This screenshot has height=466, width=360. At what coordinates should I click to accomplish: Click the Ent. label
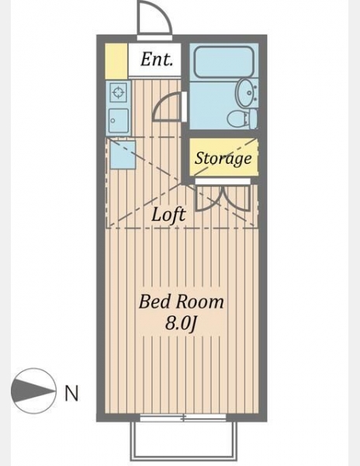point(157,60)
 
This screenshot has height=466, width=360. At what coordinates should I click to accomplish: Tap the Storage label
point(223,158)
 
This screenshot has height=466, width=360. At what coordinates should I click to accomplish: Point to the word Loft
point(168,214)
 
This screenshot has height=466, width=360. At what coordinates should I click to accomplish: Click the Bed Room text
point(181,301)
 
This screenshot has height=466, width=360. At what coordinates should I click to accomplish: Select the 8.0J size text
point(181,324)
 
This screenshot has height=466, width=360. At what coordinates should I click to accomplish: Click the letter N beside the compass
point(71,393)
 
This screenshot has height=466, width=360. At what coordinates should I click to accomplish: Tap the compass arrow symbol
point(33,391)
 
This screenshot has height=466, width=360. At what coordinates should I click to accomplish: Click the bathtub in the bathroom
point(223,61)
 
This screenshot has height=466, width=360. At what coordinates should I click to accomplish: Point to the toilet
point(242,118)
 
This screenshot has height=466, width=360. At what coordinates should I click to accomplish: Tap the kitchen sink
point(119,120)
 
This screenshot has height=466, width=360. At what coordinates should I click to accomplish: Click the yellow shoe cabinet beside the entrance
point(116,61)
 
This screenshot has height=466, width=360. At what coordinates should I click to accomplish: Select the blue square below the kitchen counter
point(123,155)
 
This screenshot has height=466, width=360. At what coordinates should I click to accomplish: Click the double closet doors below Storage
point(223,197)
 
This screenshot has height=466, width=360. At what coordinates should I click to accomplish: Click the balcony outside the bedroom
point(184,440)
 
